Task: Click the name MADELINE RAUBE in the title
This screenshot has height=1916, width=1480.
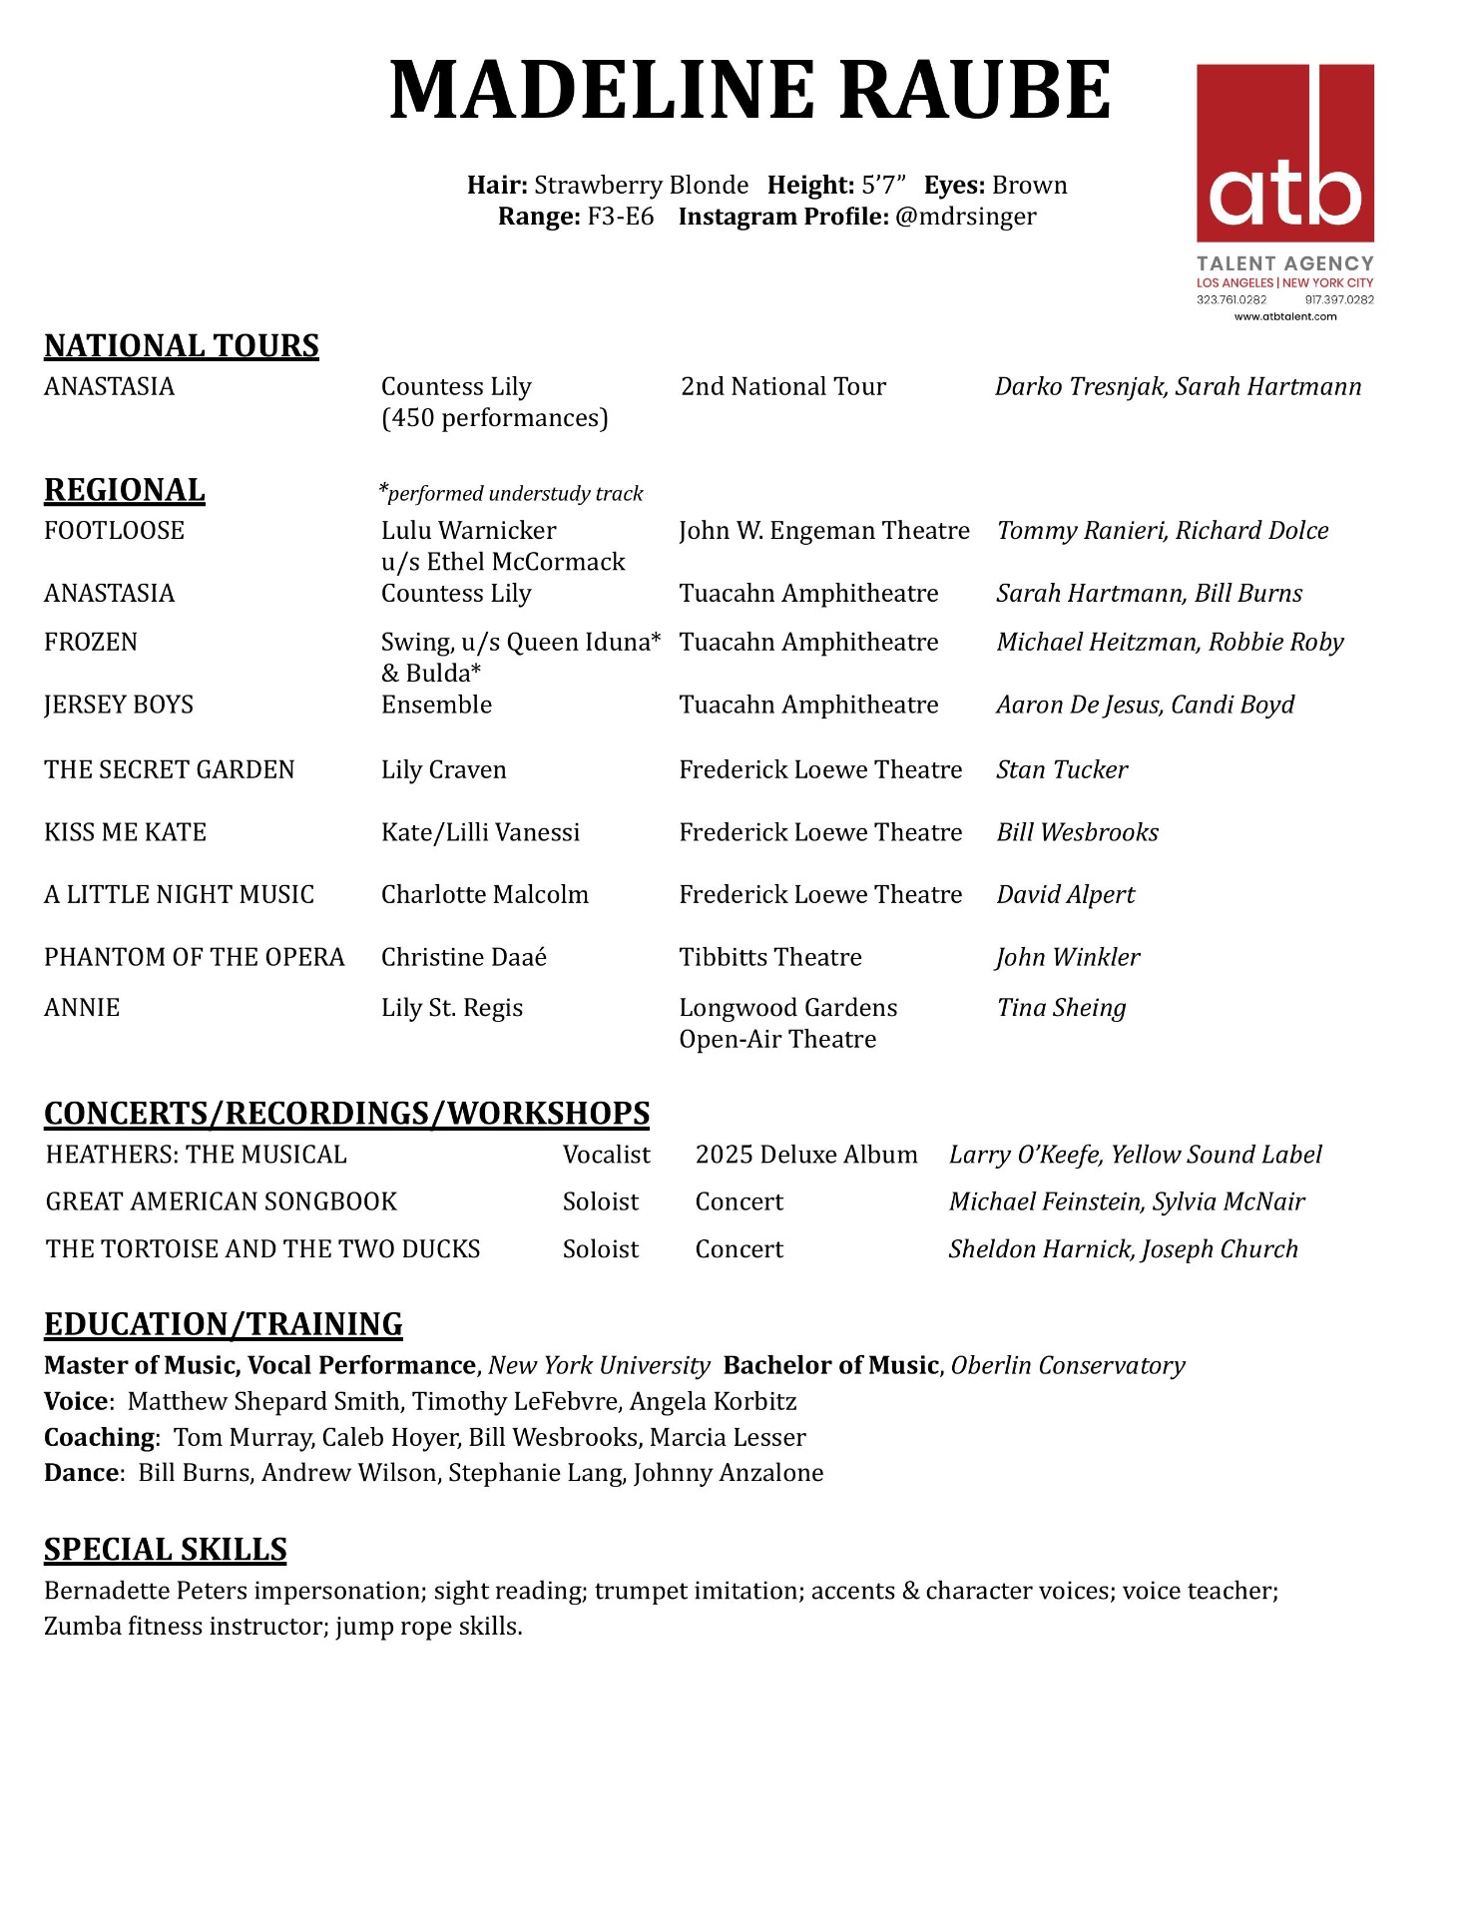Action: coord(748,91)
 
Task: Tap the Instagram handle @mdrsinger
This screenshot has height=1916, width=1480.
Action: coord(965,217)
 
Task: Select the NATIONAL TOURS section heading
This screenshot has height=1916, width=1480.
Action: coord(182,345)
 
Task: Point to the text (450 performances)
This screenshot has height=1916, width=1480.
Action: coord(494,418)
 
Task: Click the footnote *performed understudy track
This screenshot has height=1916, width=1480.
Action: coord(511,493)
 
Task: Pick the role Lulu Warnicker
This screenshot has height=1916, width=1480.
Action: coord(468,530)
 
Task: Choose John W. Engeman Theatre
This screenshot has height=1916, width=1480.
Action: coord(823,530)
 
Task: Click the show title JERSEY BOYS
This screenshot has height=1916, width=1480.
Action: coord(119,705)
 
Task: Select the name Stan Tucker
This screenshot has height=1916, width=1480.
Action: coord(1062,769)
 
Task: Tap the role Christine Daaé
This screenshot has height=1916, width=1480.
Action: coord(464,957)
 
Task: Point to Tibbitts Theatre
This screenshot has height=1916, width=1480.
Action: coord(770,957)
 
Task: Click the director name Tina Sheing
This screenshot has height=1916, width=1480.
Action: coord(1061,1008)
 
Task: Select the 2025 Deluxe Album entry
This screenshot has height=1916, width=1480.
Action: coord(806,1155)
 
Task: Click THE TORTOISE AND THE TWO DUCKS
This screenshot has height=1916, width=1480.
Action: coord(263,1249)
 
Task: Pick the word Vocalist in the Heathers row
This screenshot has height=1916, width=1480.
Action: coord(606,1155)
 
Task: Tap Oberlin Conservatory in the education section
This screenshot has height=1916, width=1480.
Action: coord(1068,1365)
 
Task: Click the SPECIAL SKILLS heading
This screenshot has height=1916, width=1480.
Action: coord(166,1549)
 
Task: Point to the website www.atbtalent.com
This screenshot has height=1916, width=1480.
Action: coord(1285,316)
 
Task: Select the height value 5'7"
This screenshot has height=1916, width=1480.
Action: coord(883,186)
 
